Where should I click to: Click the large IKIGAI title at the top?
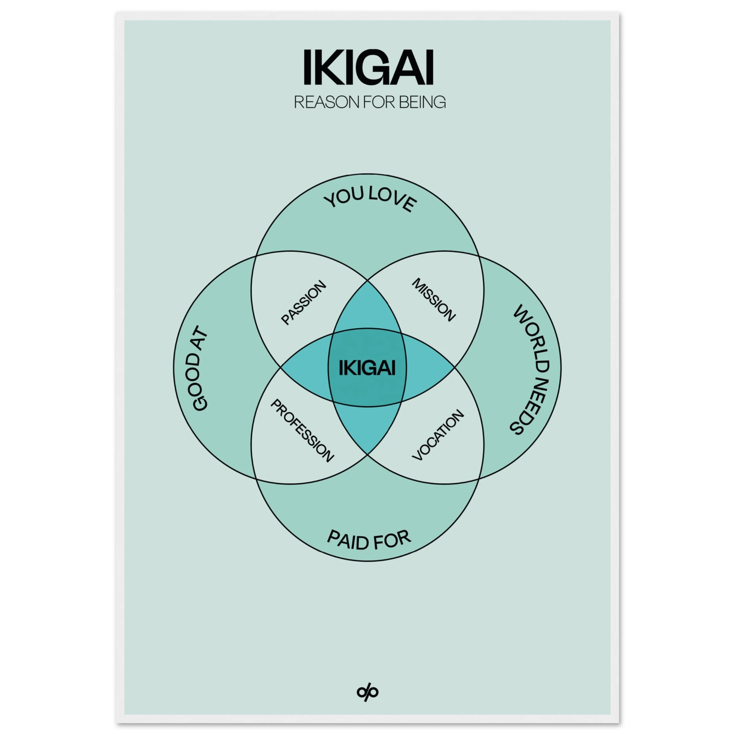pos(368,68)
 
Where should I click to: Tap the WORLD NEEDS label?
pos(530,369)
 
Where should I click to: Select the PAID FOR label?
pos(369,540)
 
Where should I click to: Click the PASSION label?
pos(303,303)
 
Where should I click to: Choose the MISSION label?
pos(434,300)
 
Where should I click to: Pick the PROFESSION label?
pos(302,431)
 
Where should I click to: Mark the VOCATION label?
pos(438,435)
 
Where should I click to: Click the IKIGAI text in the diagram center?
pos(367,368)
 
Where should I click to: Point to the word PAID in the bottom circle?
pos(346,540)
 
